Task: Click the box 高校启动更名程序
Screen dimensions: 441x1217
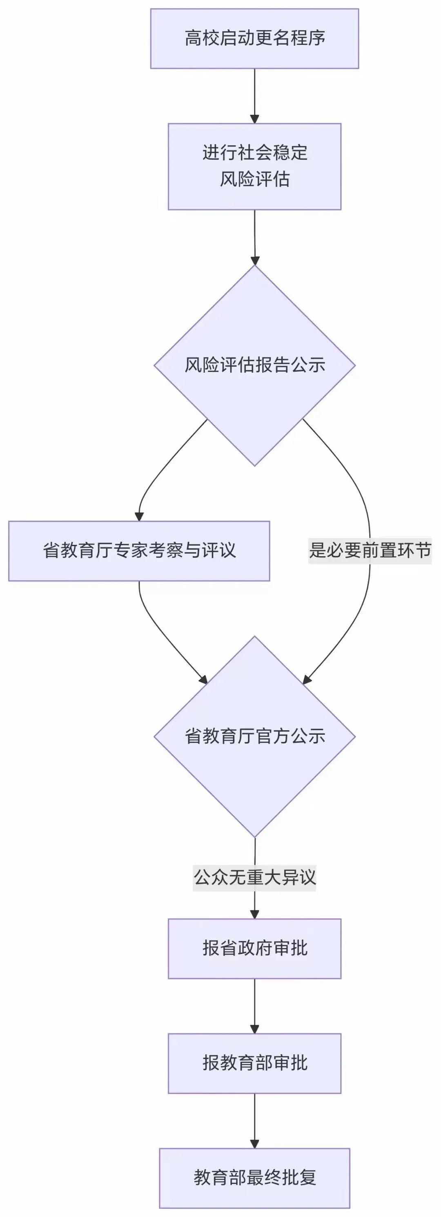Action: click(254, 38)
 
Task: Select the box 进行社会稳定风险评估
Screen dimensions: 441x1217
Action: click(254, 166)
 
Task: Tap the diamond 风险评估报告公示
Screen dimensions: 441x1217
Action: click(254, 365)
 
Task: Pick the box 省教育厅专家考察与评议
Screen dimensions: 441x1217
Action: click(139, 551)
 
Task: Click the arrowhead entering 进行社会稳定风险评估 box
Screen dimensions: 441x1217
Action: click(254, 118)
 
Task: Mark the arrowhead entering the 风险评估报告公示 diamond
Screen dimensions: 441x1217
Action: click(255, 260)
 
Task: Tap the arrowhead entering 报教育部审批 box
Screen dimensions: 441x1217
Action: click(254, 1029)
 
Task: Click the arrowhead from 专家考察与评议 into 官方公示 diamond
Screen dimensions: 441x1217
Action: click(203, 680)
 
